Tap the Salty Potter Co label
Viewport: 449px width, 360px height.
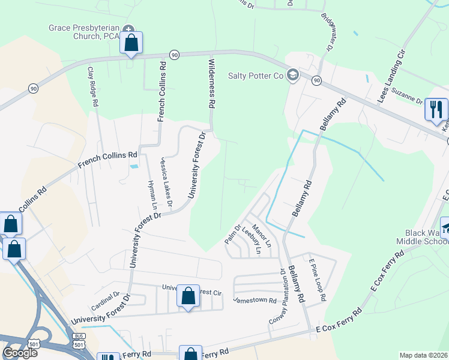click(255, 76)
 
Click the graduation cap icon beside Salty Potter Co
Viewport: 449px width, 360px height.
click(292, 74)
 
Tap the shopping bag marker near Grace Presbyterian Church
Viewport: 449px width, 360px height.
click(131, 43)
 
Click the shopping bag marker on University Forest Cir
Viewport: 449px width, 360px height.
click(188, 295)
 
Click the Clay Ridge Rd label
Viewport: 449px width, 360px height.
click(93, 86)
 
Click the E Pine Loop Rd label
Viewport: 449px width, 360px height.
click(317, 280)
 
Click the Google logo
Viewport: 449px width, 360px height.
click(20, 353)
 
